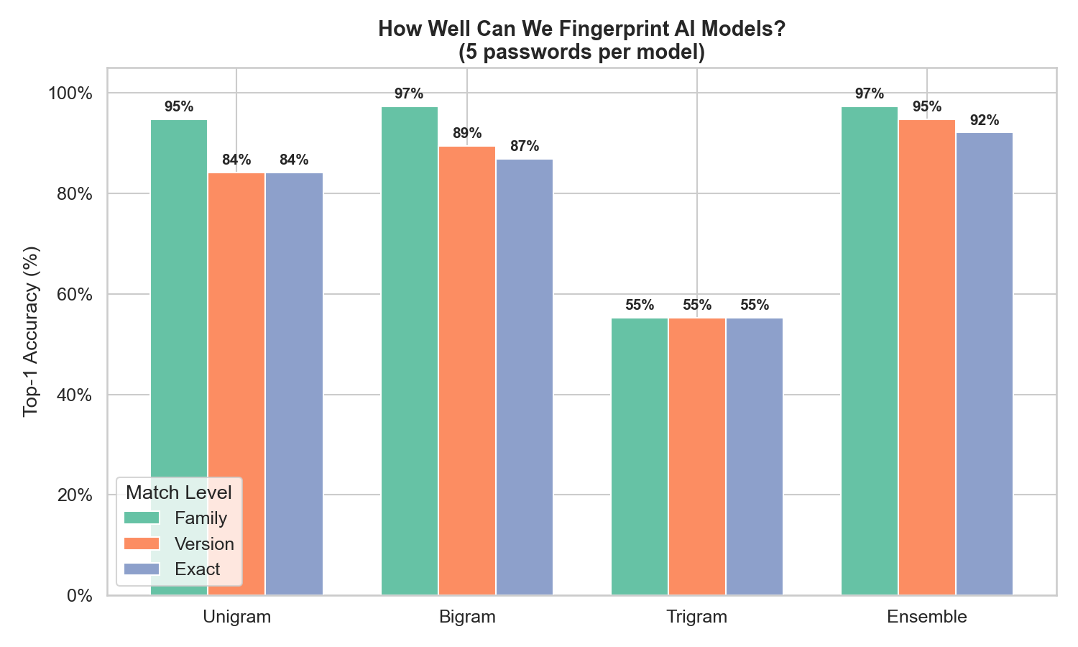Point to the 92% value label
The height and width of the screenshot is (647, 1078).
[x=985, y=121]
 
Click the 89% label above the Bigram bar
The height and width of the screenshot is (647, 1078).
[x=467, y=134]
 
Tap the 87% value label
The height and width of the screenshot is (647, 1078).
[x=525, y=147]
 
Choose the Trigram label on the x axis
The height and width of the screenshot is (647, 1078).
[x=697, y=617]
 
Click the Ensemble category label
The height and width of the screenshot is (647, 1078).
[x=927, y=617]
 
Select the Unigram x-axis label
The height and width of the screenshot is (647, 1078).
[x=237, y=617]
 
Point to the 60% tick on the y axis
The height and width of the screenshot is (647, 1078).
[x=70, y=295]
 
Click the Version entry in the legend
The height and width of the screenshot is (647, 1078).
[x=204, y=544]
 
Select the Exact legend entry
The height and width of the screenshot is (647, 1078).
[x=198, y=569]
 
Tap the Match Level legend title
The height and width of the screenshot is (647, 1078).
[x=179, y=492]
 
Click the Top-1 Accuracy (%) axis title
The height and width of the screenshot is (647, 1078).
[x=30, y=331]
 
